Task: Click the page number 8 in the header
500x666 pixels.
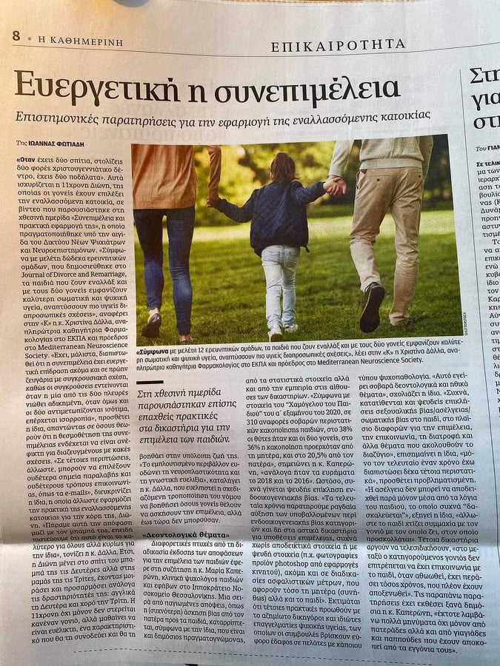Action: click(16, 36)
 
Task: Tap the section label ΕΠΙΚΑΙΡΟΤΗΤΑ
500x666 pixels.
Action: click(338, 46)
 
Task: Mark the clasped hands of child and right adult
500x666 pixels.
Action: click(334, 187)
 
